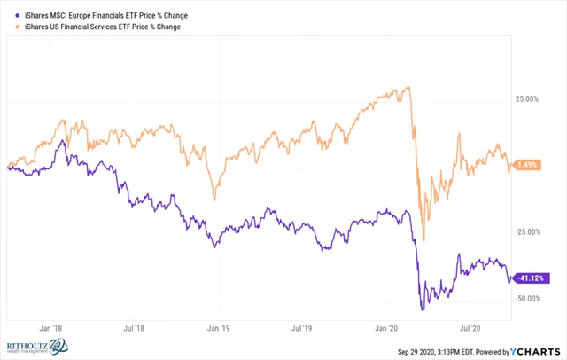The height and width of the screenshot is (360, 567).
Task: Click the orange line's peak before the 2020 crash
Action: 408,87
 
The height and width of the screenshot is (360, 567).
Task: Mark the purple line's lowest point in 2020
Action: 422,309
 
